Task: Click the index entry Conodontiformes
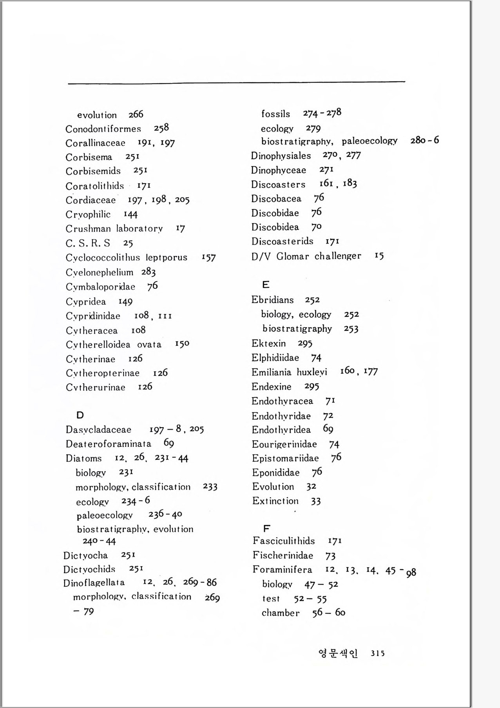coord(103,129)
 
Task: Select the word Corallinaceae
coord(95,143)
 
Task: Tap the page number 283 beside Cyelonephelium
coord(149,272)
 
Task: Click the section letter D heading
coord(80,415)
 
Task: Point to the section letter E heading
coord(266,285)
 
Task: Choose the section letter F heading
coord(266,528)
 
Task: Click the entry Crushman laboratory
coord(114,229)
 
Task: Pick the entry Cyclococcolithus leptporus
coord(126,258)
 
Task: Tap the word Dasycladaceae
coord(98,430)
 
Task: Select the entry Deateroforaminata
coord(108,444)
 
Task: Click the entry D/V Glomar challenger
coord(306,256)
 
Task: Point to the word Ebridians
coord(272,300)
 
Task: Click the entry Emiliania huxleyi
coord(289,372)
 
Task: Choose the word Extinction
coord(275,501)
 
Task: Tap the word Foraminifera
coord(282,570)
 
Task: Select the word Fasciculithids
coord(284,541)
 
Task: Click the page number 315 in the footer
coord(377,653)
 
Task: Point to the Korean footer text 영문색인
coord(338,653)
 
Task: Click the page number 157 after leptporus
coord(208,258)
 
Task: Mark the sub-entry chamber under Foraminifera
coord(281,613)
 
